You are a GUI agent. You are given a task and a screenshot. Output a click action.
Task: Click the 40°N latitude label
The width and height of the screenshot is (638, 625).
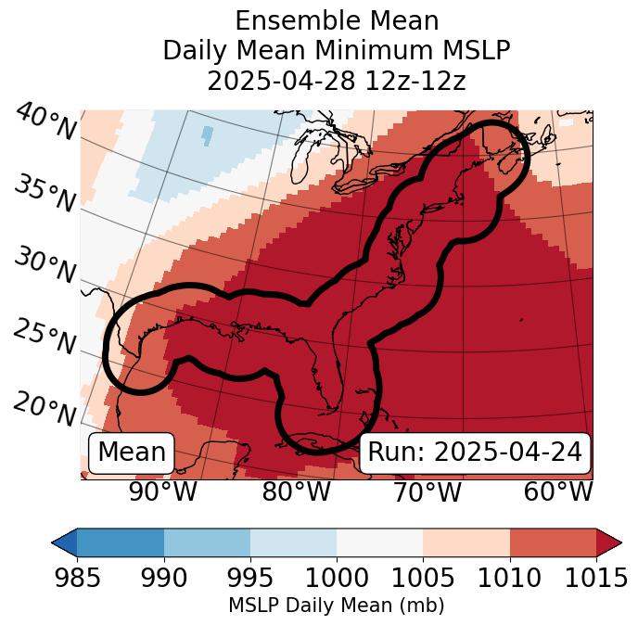click(x=45, y=123)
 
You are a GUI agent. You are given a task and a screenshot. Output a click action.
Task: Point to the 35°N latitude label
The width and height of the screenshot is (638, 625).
click(x=45, y=192)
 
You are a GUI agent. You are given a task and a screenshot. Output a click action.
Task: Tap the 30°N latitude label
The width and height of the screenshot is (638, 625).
click(x=45, y=266)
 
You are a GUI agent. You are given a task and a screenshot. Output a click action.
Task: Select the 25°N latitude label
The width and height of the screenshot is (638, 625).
click(x=45, y=338)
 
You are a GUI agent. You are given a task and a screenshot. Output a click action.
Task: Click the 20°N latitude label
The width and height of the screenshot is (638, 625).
click(x=45, y=408)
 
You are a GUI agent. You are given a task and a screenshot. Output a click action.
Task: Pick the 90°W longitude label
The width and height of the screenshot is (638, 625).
click(x=163, y=491)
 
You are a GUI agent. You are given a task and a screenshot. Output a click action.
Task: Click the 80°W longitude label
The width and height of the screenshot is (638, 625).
click(x=296, y=491)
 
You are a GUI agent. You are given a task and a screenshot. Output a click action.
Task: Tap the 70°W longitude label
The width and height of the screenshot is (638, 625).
click(x=427, y=491)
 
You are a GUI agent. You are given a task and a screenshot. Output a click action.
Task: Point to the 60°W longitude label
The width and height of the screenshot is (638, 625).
click(x=558, y=491)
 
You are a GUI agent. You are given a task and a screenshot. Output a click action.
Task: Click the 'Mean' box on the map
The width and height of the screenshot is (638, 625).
click(x=132, y=453)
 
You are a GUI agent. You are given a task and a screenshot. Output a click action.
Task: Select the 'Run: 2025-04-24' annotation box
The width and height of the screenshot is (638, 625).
click(x=475, y=453)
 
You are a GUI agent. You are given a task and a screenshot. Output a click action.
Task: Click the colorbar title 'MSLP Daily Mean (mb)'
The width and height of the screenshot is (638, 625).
click(x=336, y=606)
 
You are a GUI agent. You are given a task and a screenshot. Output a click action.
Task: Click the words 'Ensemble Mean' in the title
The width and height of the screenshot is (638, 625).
click(x=336, y=20)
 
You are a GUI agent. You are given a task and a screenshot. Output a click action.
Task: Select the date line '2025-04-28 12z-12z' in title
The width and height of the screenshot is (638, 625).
click(x=336, y=81)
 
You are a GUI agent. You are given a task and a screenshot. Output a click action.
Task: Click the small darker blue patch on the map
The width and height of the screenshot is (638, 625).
click(x=207, y=135)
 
